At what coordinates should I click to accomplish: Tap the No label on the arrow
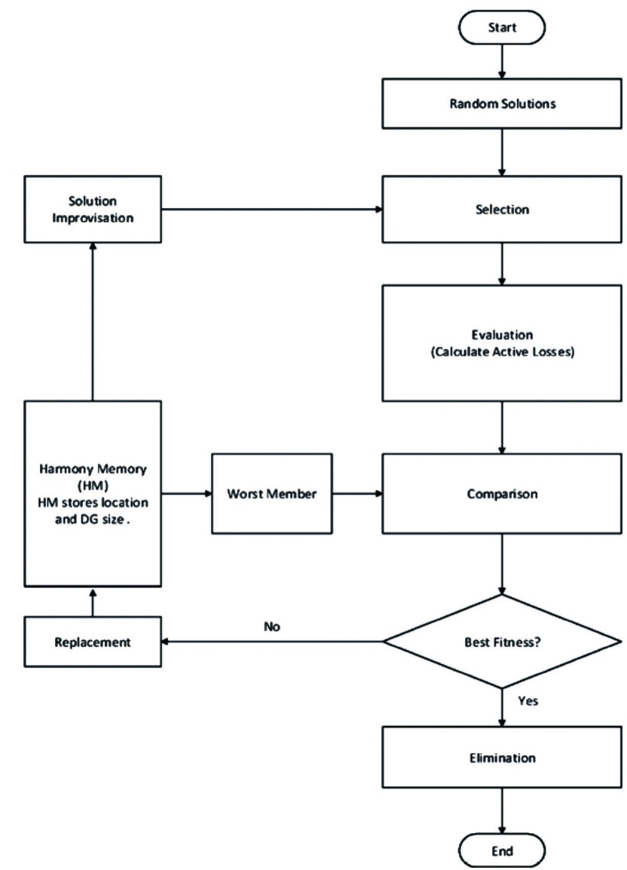[x=271, y=625]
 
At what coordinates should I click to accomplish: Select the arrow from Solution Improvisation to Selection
[x=271, y=210]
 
